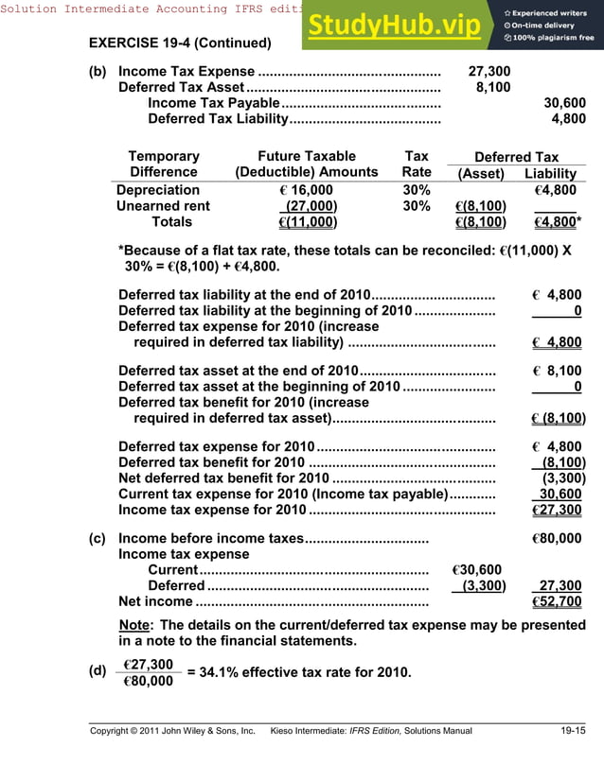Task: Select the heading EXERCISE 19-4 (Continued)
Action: coord(179,43)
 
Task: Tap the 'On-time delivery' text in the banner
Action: coord(548,26)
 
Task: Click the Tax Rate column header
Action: coord(416,165)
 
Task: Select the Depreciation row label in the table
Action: coord(158,190)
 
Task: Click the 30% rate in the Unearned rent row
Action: coord(416,206)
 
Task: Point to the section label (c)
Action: coord(97,539)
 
